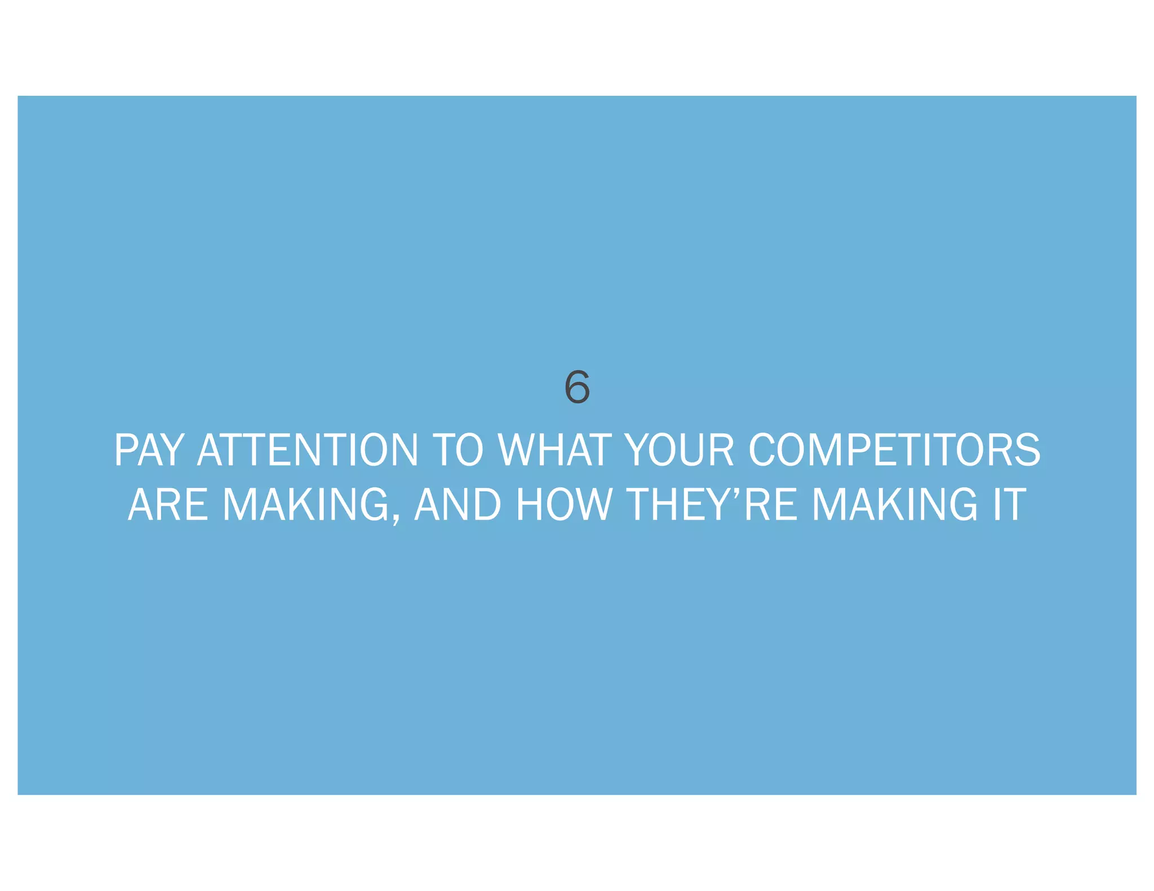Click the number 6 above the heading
coord(576,387)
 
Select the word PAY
coord(149,450)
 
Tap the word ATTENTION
coord(308,450)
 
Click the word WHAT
coord(555,450)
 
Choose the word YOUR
coord(680,450)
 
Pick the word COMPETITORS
coord(894,450)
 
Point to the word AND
coord(458,504)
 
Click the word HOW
coord(563,504)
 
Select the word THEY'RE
coord(712,504)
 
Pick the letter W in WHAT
coord(520,450)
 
